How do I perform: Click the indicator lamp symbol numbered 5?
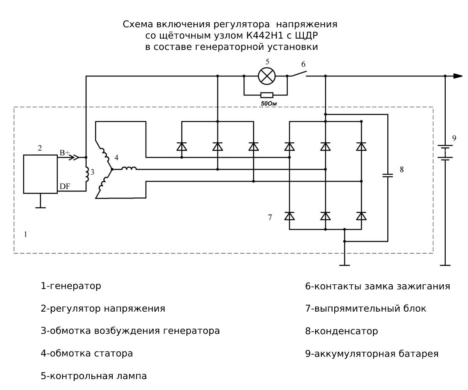click(x=267, y=76)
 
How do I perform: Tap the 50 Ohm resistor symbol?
click(x=267, y=95)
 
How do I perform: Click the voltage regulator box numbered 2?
click(x=40, y=174)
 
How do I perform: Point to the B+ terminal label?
click(x=64, y=152)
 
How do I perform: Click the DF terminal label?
click(x=65, y=187)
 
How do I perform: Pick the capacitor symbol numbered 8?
click(x=387, y=175)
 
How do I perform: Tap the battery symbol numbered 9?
click(x=445, y=152)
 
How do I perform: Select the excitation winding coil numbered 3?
click(x=87, y=174)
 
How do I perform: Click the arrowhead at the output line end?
click(x=458, y=76)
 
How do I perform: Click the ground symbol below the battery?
click(x=445, y=265)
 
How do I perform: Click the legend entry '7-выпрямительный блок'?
click(x=365, y=308)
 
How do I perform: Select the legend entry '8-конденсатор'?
click(x=341, y=331)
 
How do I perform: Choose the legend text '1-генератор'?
click(x=71, y=286)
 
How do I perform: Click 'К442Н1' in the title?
click(x=263, y=35)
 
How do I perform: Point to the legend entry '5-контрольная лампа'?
click(x=94, y=376)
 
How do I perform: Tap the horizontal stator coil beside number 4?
click(x=129, y=168)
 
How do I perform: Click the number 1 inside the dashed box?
click(x=25, y=234)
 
